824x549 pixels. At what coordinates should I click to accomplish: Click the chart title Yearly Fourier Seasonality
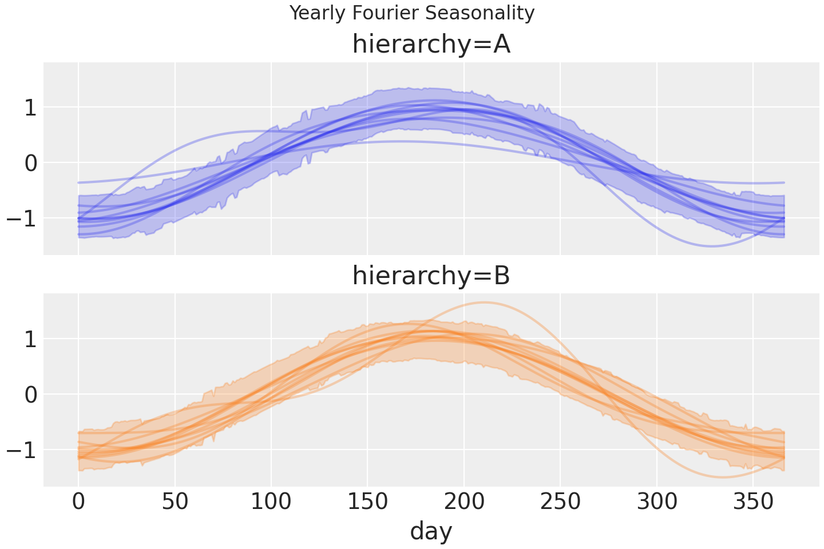pyautogui.click(x=411, y=13)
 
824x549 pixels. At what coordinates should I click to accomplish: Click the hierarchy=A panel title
pyautogui.click(x=431, y=45)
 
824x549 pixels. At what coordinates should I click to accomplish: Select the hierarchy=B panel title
pyautogui.click(x=431, y=276)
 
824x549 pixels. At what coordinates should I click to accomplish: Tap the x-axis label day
pyautogui.click(x=431, y=531)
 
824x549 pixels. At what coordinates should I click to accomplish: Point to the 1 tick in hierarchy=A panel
pyautogui.click(x=30, y=108)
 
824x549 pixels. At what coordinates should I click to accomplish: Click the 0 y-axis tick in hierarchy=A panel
pyautogui.click(x=30, y=163)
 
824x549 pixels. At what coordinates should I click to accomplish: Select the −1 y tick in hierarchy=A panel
pyautogui.click(x=22, y=218)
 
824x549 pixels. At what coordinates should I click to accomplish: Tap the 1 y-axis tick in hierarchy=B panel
pyautogui.click(x=30, y=339)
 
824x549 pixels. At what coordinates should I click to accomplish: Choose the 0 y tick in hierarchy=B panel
pyautogui.click(x=30, y=395)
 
